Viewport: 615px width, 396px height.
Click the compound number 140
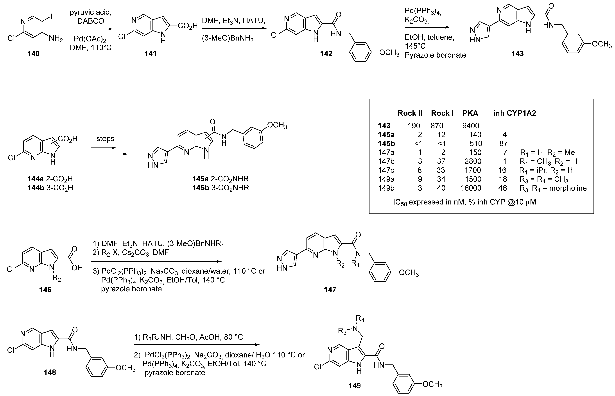[33, 54]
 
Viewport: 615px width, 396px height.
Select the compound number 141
[150, 54]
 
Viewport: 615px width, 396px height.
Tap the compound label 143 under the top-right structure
[517, 54]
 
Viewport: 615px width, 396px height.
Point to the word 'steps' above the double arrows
[105, 139]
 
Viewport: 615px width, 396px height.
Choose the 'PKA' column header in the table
[470, 113]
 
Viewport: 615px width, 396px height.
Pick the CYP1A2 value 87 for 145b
[503, 144]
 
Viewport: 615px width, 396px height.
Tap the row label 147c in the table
[386, 170]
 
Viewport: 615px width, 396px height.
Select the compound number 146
[45, 290]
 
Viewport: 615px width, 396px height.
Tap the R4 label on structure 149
[360, 319]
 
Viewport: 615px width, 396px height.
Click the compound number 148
[50, 372]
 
